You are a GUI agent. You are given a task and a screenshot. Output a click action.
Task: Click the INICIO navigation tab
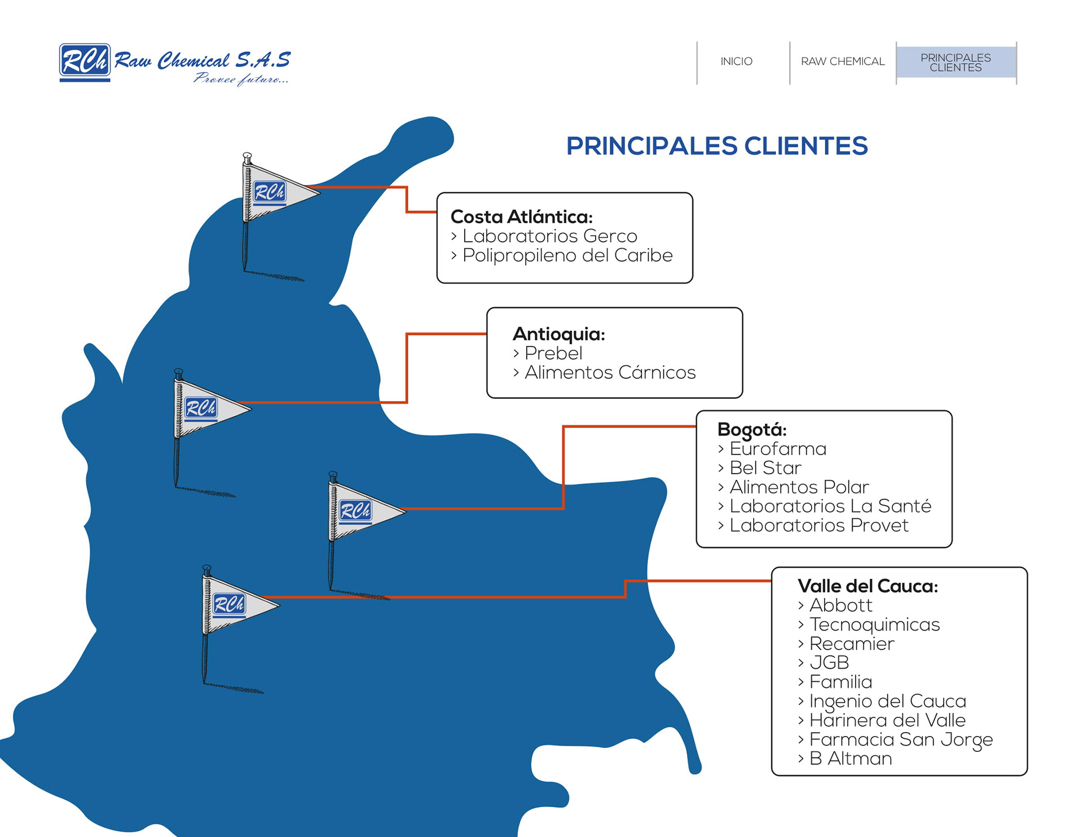tap(736, 61)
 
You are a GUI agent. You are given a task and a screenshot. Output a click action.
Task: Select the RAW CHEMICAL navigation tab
tap(843, 61)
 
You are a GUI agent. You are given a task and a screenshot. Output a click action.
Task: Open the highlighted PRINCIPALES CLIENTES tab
tap(956, 63)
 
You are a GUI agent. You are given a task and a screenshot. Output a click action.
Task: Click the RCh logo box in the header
tap(85, 60)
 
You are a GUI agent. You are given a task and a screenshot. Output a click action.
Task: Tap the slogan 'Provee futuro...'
tap(241, 80)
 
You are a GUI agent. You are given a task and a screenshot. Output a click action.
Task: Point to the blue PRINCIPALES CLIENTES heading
tap(716, 146)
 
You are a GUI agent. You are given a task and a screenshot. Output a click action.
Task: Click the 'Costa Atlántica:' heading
tap(522, 217)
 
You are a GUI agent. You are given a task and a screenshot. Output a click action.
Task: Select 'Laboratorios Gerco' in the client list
tap(549, 236)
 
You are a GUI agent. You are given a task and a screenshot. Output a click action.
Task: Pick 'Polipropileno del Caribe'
tap(567, 255)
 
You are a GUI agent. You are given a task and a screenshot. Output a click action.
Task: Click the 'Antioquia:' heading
tap(558, 334)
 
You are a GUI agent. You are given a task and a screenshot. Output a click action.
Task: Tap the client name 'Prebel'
tap(553, 353)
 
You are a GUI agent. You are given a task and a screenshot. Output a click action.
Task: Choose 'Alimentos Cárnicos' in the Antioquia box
tap(610, 373)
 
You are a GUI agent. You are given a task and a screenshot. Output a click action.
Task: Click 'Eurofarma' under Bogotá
tap(778, 449)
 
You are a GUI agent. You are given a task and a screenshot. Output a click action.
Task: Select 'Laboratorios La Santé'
tap(830, 506)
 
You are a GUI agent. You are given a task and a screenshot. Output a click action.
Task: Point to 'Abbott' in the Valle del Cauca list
tap(841, 605)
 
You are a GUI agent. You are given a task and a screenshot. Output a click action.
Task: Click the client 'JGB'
tap(829, 663)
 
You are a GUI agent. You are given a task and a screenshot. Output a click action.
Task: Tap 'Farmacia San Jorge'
tap(901, 739)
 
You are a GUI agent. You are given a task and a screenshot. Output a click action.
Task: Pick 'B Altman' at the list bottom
tap(851, 759)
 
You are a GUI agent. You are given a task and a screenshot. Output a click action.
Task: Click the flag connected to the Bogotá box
tap(362, 511)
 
